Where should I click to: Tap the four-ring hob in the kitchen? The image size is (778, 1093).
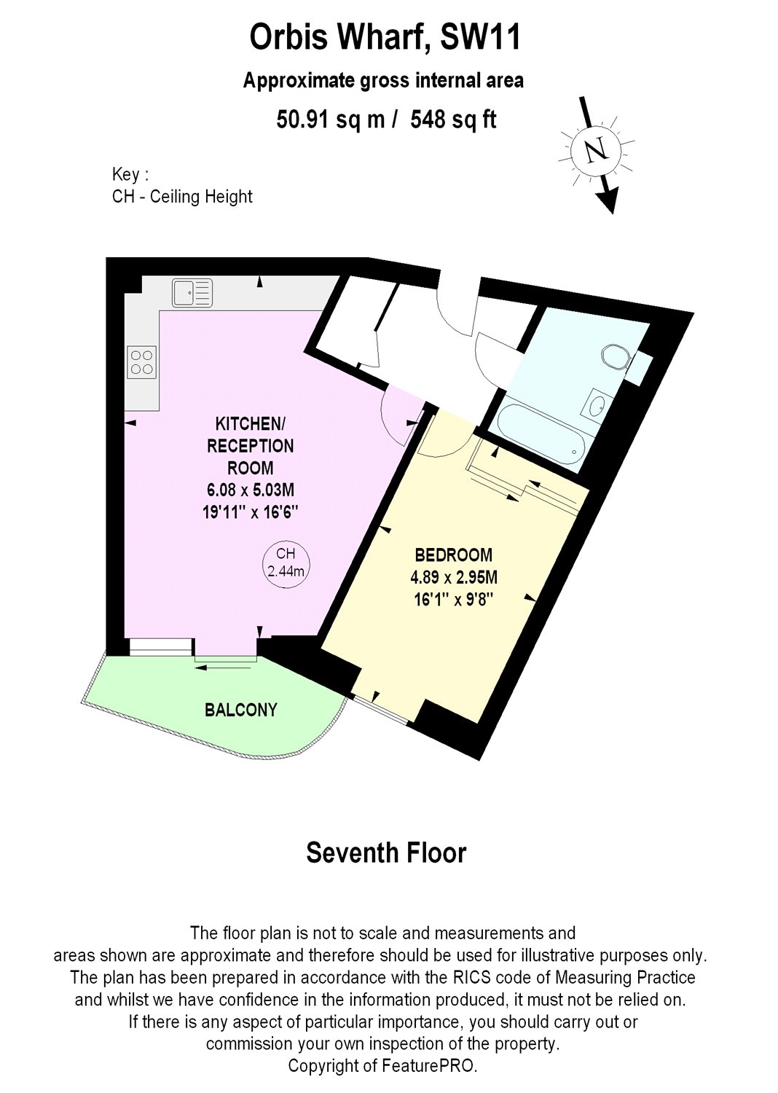pos(142,362)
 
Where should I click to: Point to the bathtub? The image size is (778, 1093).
pos(539,435)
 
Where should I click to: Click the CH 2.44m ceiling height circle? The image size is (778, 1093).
pos(286,563)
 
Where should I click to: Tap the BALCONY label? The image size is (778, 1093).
pos(241,710)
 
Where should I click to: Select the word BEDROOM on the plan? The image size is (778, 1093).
pos(453,555)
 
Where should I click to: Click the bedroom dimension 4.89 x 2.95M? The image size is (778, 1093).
pos(454,578)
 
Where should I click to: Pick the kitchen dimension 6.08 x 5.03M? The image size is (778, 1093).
pos(250,490)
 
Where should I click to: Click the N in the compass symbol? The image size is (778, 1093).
pos(597,150)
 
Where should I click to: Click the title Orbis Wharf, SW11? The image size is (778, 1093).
pos(385,37)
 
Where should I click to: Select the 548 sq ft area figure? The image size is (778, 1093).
pos(453,119)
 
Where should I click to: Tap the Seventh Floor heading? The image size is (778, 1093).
pos(386,853)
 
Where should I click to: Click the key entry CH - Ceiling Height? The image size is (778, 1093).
pos(182,197)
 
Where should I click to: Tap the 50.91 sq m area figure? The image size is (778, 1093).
pos(331,119)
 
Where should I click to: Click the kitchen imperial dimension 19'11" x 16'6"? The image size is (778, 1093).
pos(251,512)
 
